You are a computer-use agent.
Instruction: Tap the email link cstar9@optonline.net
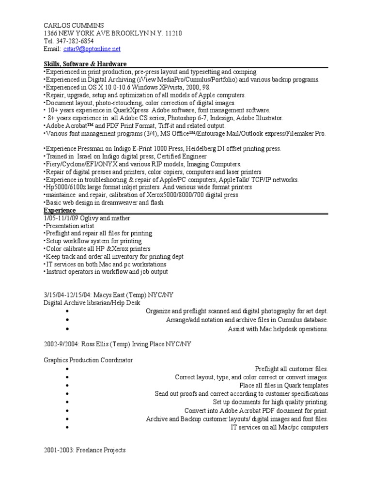(92, 49)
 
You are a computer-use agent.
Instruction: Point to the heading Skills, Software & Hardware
(85, 64)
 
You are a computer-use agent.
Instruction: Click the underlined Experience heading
(60, 211)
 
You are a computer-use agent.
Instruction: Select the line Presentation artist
(70, 226)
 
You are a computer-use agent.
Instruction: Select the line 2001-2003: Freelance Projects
(85, 450)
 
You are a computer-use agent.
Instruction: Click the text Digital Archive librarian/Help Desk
(92, 303)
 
